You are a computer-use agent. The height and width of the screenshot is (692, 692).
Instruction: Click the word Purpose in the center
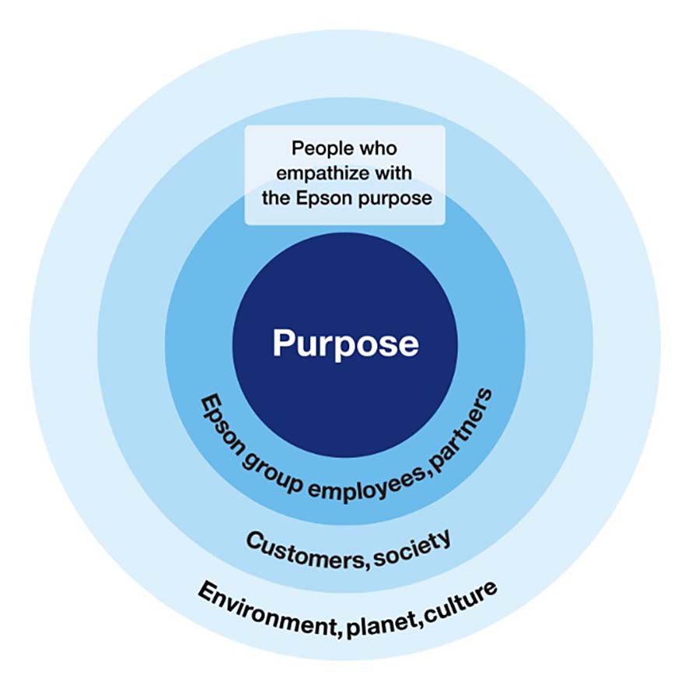point(345,343)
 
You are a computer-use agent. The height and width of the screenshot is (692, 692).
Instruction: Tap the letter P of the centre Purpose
point(284,343)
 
